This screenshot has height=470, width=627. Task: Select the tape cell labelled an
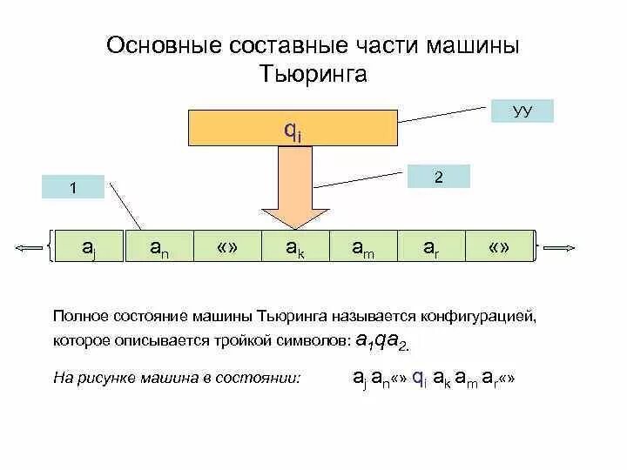point(158,246)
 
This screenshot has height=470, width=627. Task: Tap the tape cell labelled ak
point(295,246)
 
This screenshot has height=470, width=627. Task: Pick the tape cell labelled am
point(363,246)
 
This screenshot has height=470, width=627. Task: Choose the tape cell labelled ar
point(431,246)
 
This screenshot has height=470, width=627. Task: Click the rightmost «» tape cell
point(499,246)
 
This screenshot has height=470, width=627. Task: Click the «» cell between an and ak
point(226,246)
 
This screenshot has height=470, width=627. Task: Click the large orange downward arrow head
point(295,216)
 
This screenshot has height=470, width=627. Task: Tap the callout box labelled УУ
point(522,111)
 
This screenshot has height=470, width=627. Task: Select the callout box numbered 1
point(73,186)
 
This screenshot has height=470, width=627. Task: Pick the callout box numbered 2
point(439,177)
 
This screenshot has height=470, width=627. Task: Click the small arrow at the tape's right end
point(558,247)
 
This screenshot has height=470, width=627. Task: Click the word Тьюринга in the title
point(313,75)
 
